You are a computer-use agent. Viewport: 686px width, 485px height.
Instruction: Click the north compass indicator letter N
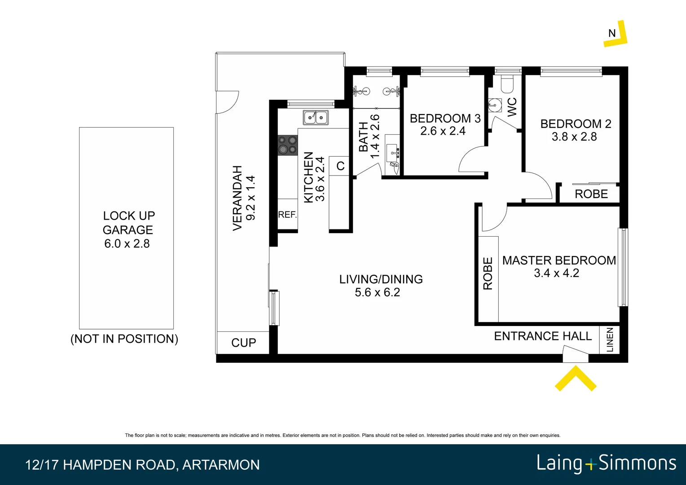(611, 33)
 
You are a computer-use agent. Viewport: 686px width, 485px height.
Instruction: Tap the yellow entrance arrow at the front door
(576, 378)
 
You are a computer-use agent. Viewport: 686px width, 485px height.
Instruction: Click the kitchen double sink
(315, 118)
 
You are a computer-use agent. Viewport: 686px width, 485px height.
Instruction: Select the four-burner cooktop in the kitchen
(287, 145)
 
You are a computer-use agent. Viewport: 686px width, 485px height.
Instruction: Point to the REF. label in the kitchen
(287, 215)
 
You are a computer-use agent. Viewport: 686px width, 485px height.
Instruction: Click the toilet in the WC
(507, 84)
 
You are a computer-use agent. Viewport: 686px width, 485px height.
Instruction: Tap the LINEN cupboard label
(610, 340)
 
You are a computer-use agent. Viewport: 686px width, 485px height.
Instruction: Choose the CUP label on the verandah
(243, 343)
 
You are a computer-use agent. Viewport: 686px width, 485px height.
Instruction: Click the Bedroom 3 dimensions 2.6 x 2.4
(443, 131)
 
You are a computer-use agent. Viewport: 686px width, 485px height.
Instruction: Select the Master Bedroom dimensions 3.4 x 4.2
(556, 273)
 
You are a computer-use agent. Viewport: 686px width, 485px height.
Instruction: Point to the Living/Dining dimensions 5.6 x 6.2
(377, 292)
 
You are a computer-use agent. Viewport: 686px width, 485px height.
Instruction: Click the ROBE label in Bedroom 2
(591, 194)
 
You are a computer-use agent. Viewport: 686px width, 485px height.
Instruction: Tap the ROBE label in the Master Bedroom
(488, 273)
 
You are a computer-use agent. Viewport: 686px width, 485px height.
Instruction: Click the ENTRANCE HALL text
(543, 336)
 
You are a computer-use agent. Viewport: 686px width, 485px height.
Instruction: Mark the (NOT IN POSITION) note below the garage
(124, 339)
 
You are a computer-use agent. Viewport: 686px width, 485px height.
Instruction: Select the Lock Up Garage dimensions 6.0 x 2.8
(127, 244)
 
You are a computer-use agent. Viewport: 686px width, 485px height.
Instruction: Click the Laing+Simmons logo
(606, 463)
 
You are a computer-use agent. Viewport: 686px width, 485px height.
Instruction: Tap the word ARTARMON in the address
(221, 465)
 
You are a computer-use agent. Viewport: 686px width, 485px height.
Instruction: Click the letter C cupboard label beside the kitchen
(340, 166)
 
